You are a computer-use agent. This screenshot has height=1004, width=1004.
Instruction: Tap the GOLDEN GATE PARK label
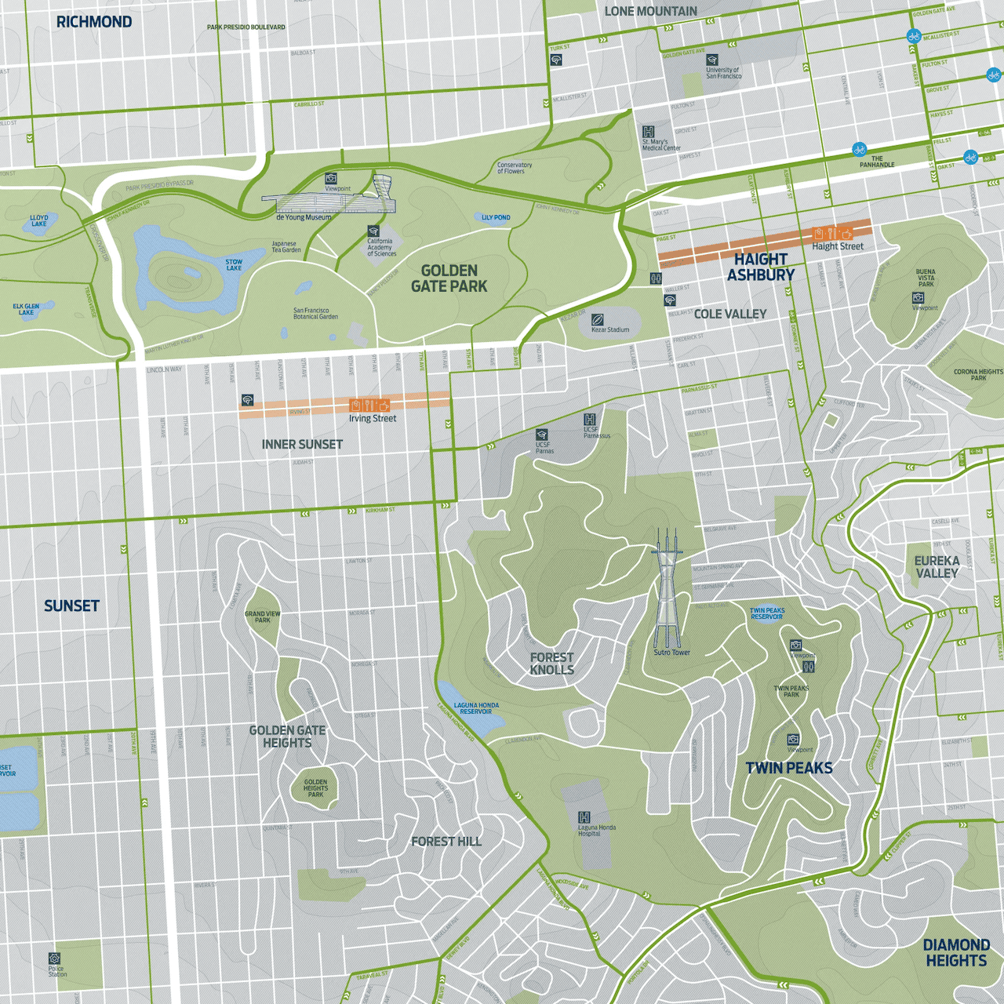click(x=449, y=278)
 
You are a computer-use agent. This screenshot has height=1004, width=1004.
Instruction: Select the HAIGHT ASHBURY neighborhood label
click(x=760, y=267)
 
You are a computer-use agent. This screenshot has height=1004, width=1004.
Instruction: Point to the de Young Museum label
click(x=303, y=217)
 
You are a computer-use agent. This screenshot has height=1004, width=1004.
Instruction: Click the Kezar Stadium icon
click(x=598, y=319)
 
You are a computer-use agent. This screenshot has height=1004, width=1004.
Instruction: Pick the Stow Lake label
click(x=234, y=265)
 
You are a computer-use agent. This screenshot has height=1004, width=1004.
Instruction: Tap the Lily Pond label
click(x=496, y=217)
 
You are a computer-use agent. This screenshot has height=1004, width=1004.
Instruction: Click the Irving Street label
click(x=373, y=419)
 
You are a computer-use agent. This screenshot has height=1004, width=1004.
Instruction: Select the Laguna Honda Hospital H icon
click(x=584, y=817)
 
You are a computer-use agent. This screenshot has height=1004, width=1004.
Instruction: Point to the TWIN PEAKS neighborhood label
click(x=789, y=768)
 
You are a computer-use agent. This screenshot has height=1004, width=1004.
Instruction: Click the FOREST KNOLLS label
click(x=551, y=664)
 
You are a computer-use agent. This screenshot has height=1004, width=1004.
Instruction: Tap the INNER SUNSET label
click(x=302, y=444)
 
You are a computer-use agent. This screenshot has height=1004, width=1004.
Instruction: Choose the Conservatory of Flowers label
click(x=514, y=168)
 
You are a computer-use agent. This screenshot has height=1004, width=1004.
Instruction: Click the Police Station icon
click(x=54, y=959)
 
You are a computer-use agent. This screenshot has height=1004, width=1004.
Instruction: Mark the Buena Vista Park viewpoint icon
click(x=918, y=298)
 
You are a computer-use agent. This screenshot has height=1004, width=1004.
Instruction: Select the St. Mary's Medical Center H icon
click(x=648, y=132)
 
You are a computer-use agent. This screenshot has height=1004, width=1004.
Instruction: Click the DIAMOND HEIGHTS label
click(x=955, y=952)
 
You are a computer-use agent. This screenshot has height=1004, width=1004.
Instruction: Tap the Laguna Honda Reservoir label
click(x=476, y=708)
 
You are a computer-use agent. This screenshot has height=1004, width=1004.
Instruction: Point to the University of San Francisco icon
click(x=712, y=60)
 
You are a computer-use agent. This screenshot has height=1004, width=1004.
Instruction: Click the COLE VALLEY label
click(x=729, y=314)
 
